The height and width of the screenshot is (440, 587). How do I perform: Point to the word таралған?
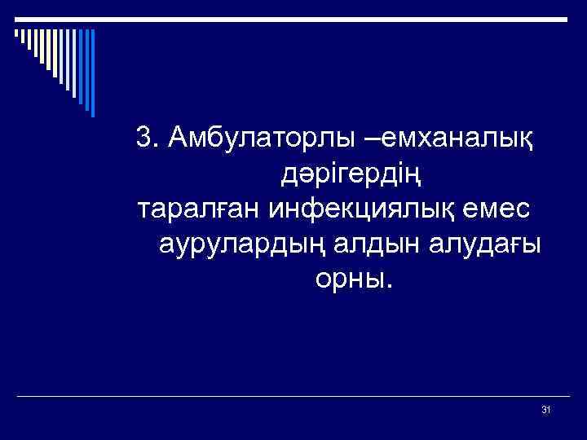click(195, 209)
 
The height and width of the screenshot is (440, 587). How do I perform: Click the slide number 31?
click(546, 409)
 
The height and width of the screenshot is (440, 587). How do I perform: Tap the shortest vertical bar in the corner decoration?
click(15, 33)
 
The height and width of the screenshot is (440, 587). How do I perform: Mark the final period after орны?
click(389, 287)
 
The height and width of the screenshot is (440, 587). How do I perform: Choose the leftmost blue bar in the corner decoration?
click(15, 33)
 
